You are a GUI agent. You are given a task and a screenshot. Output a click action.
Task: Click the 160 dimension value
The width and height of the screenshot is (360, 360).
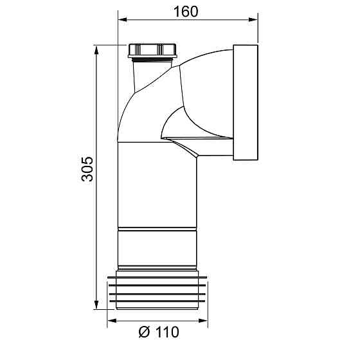[x=186, y=12]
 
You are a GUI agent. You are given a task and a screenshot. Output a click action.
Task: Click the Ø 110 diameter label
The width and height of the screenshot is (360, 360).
[x=158, y=332]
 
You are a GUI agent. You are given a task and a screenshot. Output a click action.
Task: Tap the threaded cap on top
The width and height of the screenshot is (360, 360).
[x=152, y=50]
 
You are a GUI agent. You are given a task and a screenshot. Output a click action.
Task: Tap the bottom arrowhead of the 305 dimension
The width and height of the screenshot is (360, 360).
[x=96, y=305]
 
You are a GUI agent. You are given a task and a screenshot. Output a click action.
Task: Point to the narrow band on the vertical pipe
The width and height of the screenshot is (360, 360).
[x=157, y=230]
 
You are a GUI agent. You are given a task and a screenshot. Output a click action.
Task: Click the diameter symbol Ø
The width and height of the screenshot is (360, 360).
[x=144, y=332]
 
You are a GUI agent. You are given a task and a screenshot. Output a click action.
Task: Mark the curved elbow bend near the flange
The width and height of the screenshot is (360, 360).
[x=199, y=84]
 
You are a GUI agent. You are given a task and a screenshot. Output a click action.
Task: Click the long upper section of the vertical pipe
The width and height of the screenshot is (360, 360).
[x=157, y=186]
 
